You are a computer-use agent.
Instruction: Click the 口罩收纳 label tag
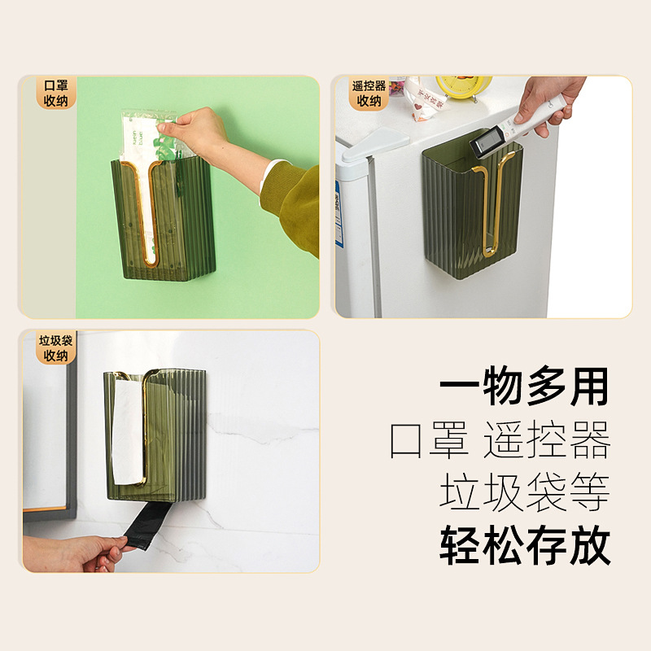click(55, 93)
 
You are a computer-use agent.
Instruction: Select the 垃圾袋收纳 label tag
click(55, 348)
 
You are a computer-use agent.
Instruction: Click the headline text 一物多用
click(524, 387)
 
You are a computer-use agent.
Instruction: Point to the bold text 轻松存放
click(524, 546)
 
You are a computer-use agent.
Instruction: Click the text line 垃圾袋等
click(524, 493)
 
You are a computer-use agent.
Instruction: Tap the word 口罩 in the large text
click(428, 440)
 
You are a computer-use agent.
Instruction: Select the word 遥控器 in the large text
click(546, 440)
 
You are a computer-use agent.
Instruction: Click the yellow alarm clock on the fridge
click(463, 86)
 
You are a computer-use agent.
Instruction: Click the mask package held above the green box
click(151, 146)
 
